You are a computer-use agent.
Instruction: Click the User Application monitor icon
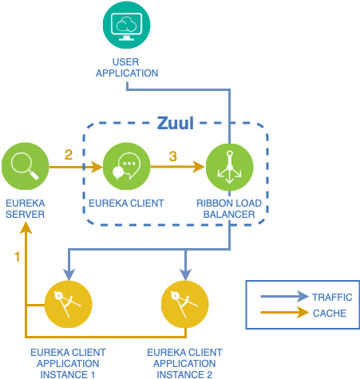point(127,25)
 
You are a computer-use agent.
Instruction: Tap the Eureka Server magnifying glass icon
point(26,166)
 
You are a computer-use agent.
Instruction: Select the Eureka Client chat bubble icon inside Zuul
point(127,166)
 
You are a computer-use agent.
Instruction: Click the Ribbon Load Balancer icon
point(230,167)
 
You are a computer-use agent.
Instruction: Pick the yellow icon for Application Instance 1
point(69,304)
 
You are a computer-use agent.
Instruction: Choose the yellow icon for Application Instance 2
point(185,304)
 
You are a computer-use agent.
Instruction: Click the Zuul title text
point(176,123)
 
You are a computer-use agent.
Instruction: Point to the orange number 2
point(69,155)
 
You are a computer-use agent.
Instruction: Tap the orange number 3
point(173,156)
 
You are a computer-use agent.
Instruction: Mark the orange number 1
point(18,257)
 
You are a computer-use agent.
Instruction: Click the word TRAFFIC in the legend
point(332,297)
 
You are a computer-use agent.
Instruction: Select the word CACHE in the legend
point(330,314)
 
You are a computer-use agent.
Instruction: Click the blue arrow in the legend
point(284,296)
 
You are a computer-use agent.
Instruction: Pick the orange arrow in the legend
point(284,312)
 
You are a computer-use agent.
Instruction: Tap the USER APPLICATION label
point(127,68)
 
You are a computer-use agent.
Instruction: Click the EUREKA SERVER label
point(26,209)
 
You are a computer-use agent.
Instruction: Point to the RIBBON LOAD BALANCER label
point(229,209)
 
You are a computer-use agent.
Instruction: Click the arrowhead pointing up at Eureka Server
point(26,228)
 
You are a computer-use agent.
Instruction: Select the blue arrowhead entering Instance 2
point(185,274)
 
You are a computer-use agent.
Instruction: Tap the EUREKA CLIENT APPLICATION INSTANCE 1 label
point(68,364)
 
